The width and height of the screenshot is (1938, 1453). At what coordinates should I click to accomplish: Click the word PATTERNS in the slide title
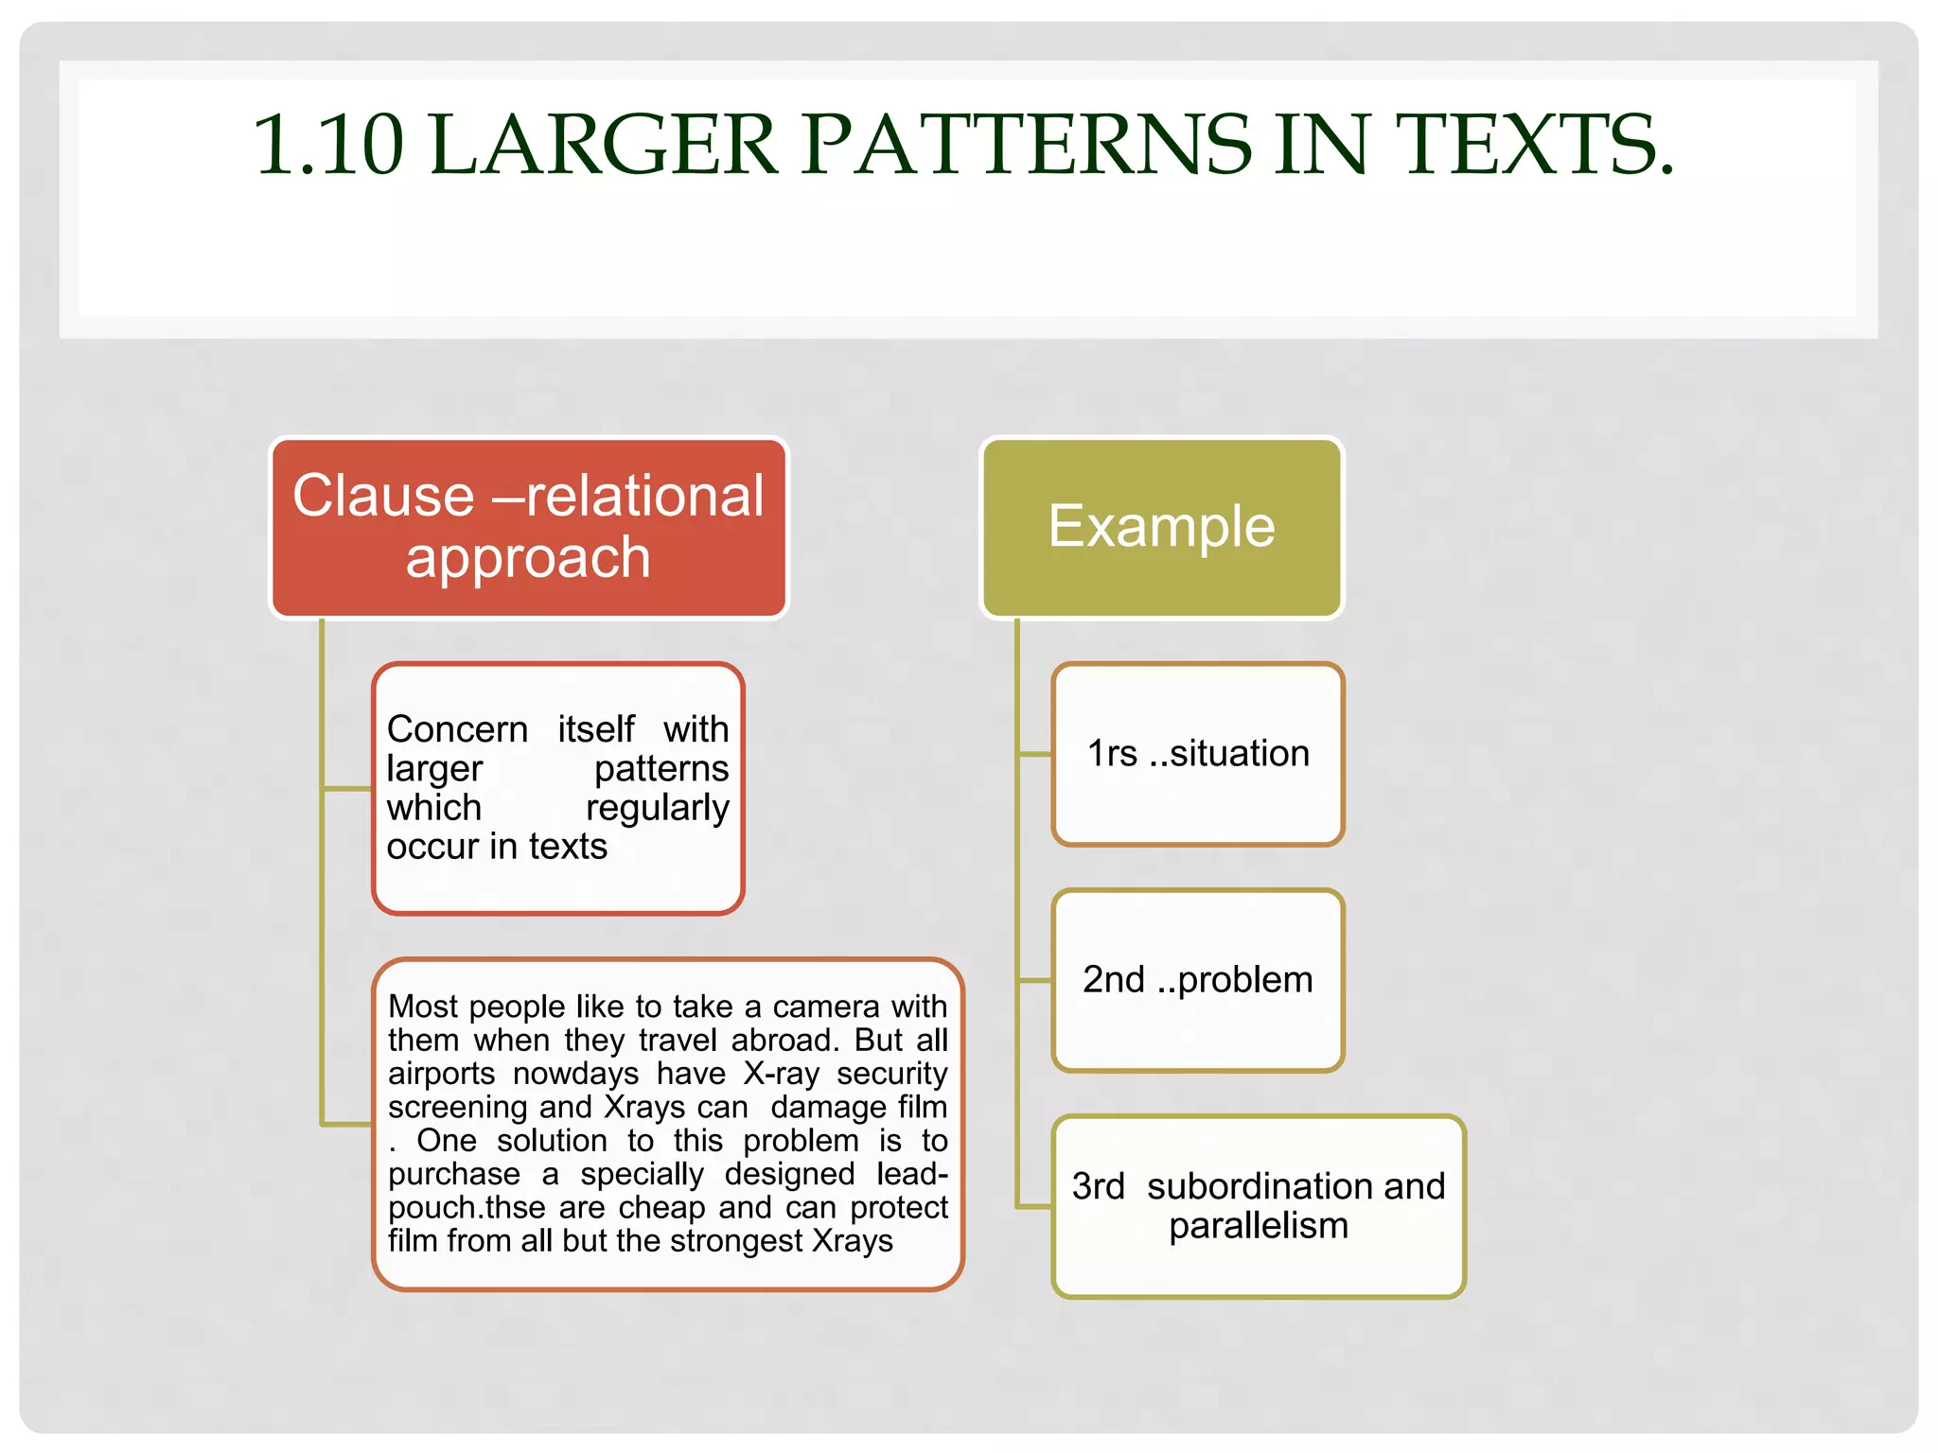pos(1027,145)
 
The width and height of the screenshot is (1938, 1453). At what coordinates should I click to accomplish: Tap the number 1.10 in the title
pos(327,145)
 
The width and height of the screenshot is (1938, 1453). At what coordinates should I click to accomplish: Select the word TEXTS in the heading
pos(1533,145)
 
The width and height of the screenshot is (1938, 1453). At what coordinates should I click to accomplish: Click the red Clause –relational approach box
pos(528,527)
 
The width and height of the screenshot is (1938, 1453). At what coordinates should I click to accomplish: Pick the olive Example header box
pos(1161,527)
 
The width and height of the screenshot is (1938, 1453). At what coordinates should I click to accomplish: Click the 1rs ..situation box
pos(1197,754)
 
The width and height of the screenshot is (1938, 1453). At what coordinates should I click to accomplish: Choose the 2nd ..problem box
pos(1197,980)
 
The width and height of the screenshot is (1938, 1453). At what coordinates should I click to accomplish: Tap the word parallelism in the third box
pos(1258,1226)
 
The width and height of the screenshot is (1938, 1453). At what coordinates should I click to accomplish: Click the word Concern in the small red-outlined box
pos(457,729)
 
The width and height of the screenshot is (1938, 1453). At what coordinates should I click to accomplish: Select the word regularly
pos(657,808)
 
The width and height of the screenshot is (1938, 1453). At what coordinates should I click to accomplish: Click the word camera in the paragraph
pos(814,1007)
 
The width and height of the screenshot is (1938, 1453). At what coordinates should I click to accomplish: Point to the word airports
pos(441,1074)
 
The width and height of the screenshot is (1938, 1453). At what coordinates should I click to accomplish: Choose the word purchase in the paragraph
pos(453,1174)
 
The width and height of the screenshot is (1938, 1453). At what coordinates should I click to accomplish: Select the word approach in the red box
pos(528,557)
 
